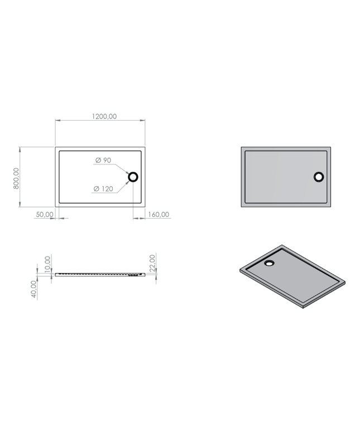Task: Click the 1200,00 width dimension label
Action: click(104, 116)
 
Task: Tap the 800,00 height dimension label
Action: click(16, 178)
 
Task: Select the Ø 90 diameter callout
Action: click(103, 161)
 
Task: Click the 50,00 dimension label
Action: click(45, 214)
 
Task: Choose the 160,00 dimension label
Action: click(159, 214)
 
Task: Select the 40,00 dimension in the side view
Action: click(34, 289)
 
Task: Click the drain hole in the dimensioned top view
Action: click(133, 177)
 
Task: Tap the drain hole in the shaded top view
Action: click(318, 177)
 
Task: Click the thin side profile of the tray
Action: click(100, 274)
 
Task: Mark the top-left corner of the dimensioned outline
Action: click(56, 148)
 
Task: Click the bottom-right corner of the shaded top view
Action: click(331, 206)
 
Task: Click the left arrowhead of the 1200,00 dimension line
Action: click(57, 120)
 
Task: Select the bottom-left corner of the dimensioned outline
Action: click(56, 206)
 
